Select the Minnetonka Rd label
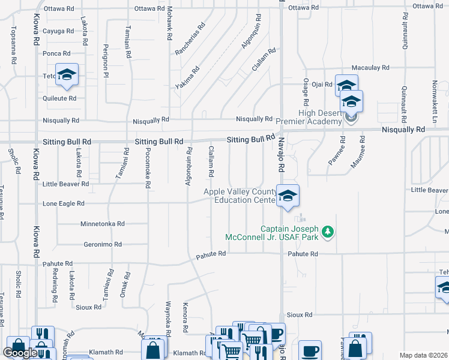(103, 224)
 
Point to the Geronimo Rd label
(103, 245)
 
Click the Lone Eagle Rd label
(67, 204)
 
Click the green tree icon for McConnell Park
(328, 232)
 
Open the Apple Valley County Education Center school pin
(288, 196)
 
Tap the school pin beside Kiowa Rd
(67, 74)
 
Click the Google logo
(20, 353)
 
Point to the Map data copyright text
(423, 355)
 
